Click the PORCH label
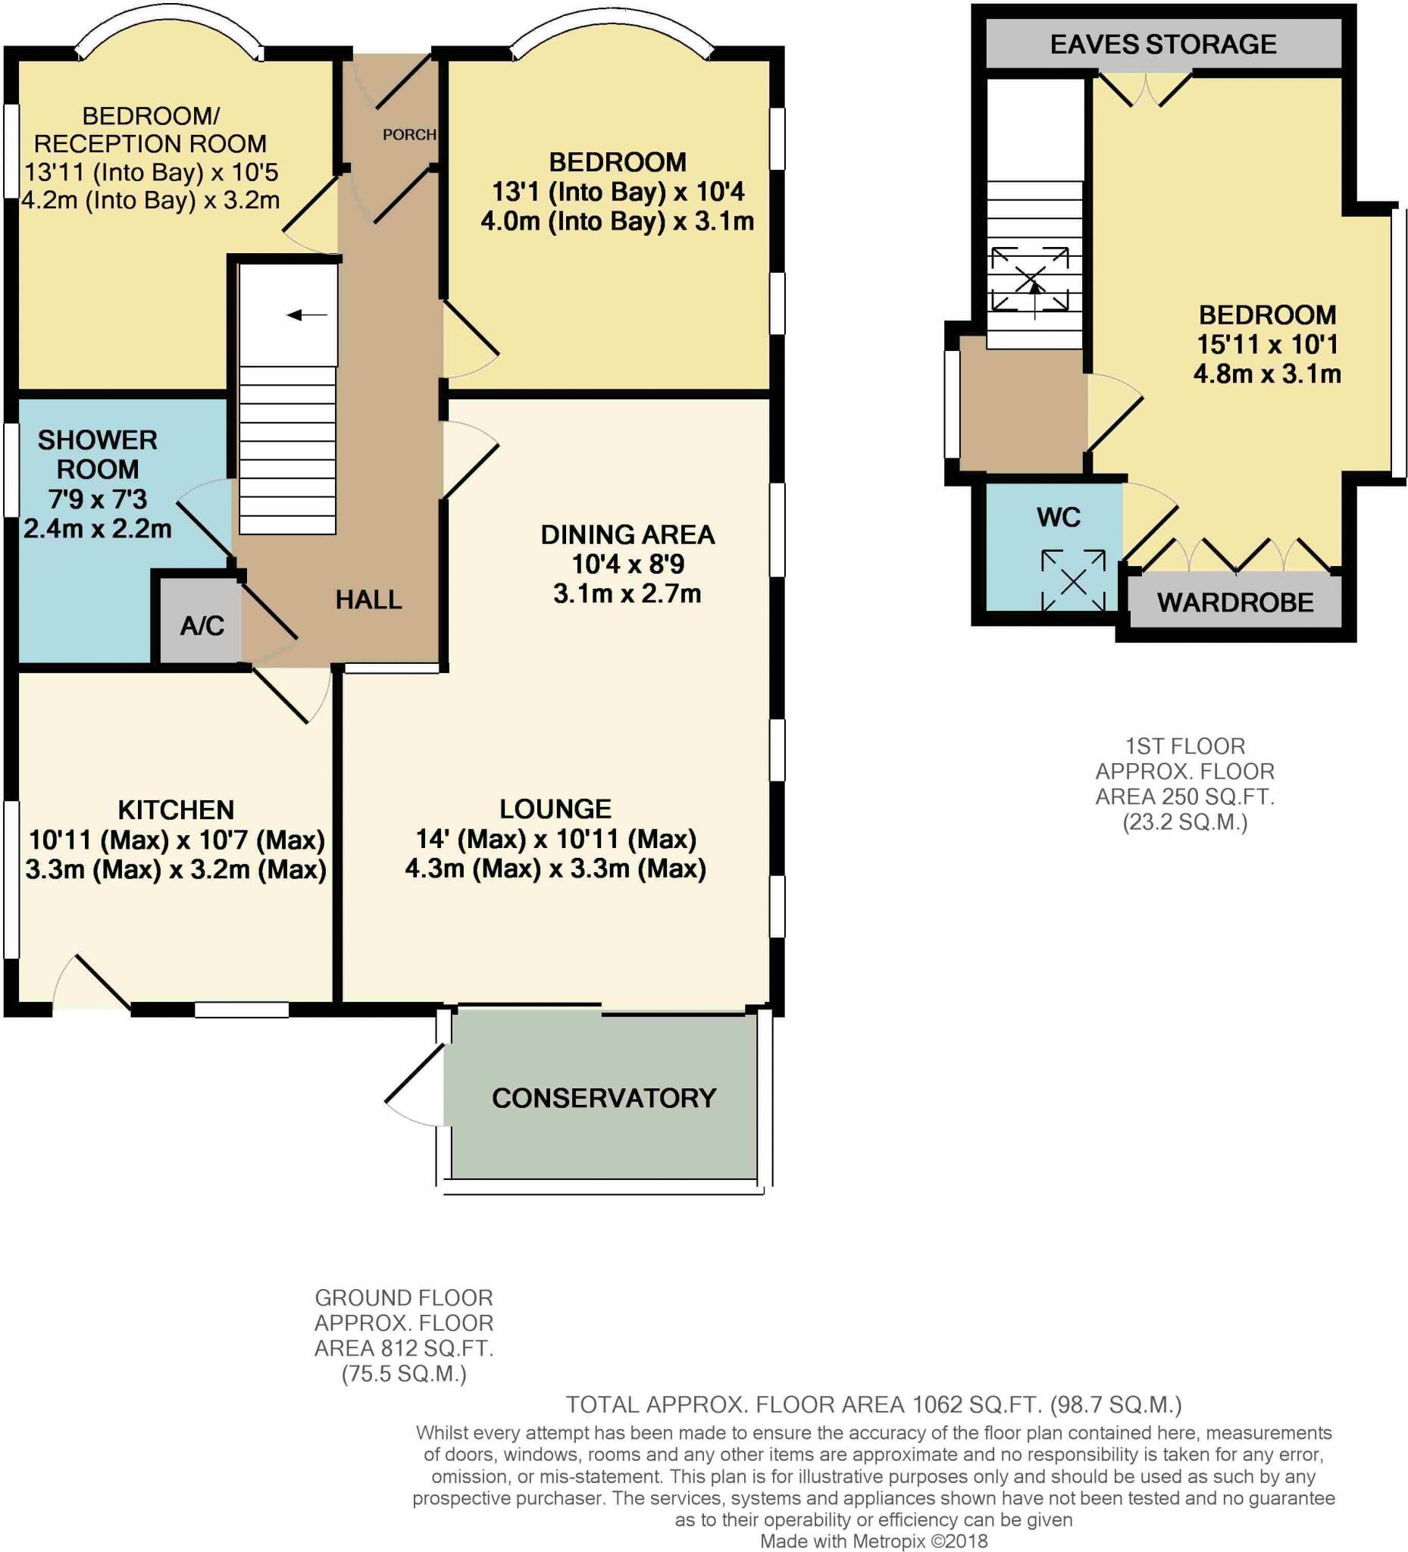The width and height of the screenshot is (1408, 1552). pos(408,135)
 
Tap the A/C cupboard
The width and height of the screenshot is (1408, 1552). pos(202,625)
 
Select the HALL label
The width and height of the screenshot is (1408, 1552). pos(369,599)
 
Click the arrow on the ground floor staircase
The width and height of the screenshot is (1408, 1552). pos(307,314)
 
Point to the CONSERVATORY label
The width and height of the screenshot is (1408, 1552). pos(603,1098)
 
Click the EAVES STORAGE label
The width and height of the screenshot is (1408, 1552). pos(1162,45)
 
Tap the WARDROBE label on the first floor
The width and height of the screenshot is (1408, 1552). pos(1234,602)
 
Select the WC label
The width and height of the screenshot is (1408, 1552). pos(1059,518)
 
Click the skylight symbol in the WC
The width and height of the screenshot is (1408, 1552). pos(1073,581)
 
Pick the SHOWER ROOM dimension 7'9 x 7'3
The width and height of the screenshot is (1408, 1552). pos(98,499)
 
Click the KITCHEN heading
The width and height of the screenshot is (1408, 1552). pos(176,810)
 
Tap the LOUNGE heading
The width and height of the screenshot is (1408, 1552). pos(555,809)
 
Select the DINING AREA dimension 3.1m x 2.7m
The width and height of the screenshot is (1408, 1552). pos(627,593)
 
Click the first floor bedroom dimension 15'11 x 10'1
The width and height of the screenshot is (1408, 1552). pos(1267,344)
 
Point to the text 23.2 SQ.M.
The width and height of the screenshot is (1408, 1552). pos(1184,822)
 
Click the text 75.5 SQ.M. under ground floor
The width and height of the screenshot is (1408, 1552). pos(404,1374)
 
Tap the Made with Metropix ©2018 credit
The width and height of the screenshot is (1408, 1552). pos(873,1541)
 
